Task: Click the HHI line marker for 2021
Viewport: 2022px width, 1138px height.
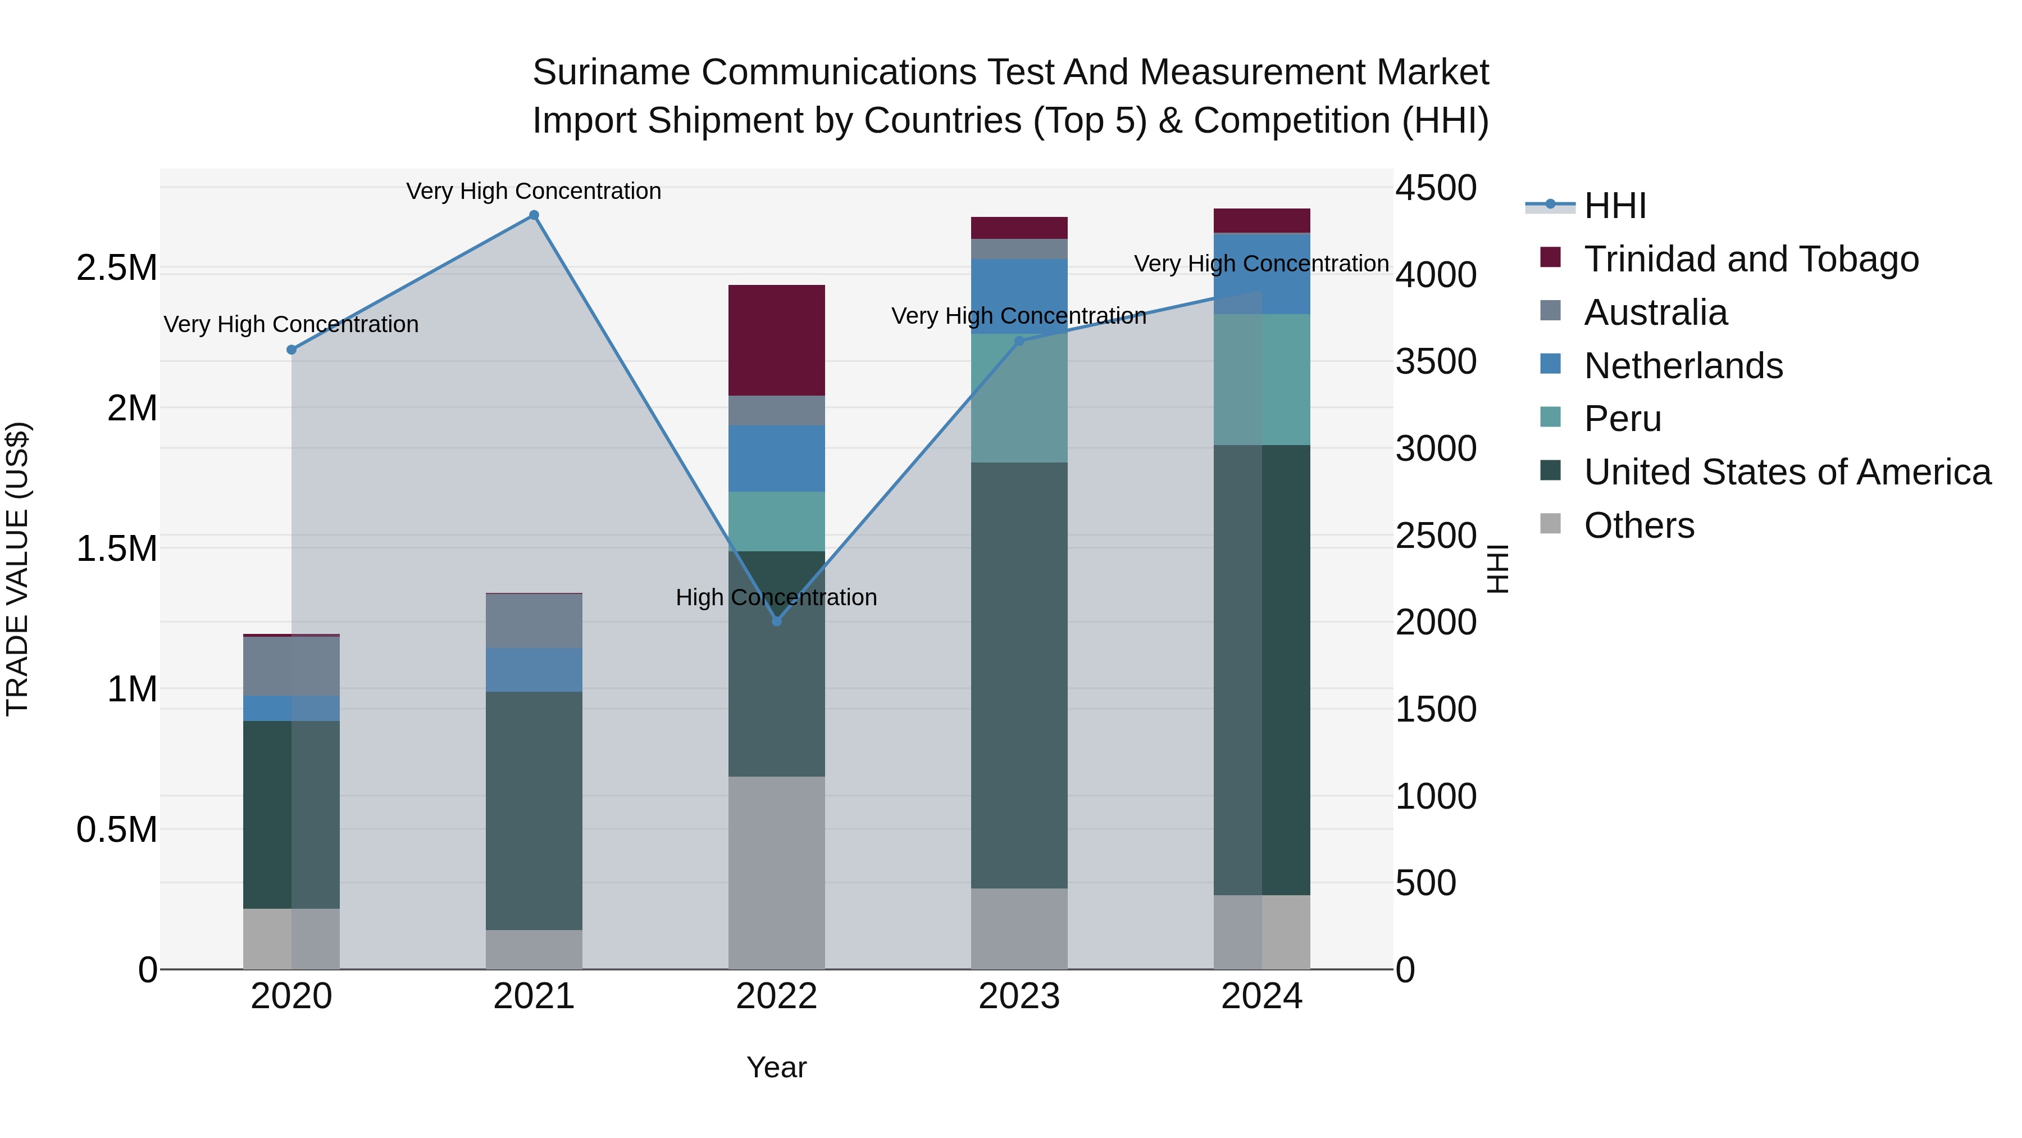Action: click(x=534, y=215)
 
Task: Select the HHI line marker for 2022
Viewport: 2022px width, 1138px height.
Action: click(x=776, y=621)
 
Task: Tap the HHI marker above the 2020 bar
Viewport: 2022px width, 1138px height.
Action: click(x=291, y=350)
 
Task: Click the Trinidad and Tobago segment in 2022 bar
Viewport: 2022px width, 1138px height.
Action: click(x=776, y=340)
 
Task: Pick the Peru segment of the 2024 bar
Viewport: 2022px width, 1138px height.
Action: click(x=1262, y=379)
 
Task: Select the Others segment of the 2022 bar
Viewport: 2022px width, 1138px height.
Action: click(x=776, y=872)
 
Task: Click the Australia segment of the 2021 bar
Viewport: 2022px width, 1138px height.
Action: click(x=534, y=620)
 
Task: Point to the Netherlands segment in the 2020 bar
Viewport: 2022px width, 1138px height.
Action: click(x=291, y=709)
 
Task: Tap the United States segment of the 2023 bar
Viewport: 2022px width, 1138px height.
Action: click(x=1019, y=675)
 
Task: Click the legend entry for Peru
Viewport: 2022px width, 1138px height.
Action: click(x=1622, y=419)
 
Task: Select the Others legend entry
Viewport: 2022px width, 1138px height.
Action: click(x=1638, y=525)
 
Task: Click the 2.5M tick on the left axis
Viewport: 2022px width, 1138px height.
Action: click(x=116, y=269)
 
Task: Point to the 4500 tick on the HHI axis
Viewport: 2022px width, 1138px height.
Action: click(x=1436, y=188)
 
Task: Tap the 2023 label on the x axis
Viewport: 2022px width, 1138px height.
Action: click(x=1019, y=996)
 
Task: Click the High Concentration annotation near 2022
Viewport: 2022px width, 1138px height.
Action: click(x=776, y=598)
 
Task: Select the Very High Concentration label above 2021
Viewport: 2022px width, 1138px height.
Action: click(x=534, y=191)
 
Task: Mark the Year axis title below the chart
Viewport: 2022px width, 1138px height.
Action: click(x=776, y=1067)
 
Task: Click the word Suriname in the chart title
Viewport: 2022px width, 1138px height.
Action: click(x=612, y=72)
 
